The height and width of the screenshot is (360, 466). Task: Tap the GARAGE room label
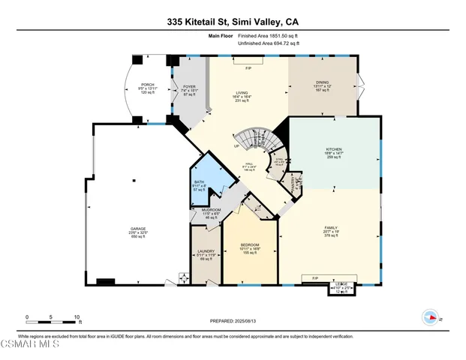pos(136,229)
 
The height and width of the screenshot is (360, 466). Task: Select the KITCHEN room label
pos(334,149)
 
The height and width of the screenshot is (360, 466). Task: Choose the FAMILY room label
pos(330,227)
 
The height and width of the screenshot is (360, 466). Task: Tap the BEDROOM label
pos(249,245)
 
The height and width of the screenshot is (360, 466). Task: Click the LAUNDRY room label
pos(206,251)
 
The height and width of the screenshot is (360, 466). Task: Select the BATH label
pos(199,182)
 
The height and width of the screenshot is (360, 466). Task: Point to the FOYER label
pos(189,86)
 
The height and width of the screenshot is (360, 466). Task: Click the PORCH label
pos(147,84)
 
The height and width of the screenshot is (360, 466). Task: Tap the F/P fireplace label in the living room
pos(248,69)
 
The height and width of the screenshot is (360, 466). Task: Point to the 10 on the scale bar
pos(76,316)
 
